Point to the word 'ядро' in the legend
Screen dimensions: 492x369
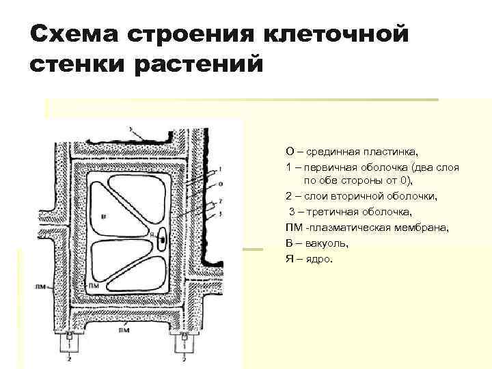[317, 258]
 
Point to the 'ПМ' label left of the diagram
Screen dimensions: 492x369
[41, 288]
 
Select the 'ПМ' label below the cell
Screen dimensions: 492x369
[124, 330]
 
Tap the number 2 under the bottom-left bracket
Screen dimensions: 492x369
[68, 357]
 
